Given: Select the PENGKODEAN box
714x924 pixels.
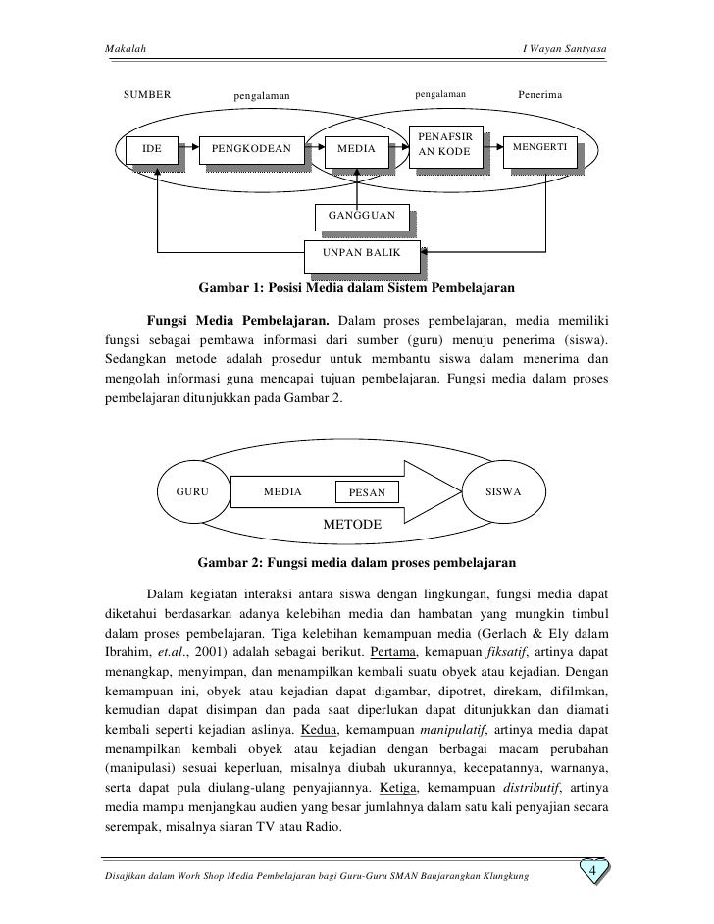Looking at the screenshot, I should pos(251,150).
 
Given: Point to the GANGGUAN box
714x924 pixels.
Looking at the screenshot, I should pos(361,216).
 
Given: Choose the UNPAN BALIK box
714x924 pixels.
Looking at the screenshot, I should pos(362,255).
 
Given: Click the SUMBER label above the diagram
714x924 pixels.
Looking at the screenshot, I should pos(147,95).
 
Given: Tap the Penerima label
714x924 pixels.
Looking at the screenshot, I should pos(541,95).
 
